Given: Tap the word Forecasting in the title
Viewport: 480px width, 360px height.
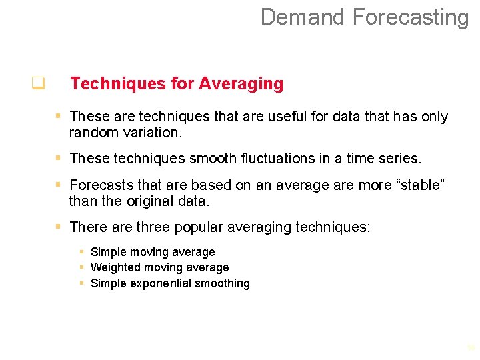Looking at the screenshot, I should (x=411, y=17).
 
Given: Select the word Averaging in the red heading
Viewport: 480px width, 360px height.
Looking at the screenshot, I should (x=241, y=84).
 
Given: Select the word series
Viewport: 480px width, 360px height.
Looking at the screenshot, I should (x=399, y=159).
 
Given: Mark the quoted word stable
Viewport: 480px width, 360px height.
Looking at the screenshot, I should (x=419, y=185).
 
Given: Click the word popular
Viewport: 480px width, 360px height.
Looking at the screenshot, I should (x=198, y=227).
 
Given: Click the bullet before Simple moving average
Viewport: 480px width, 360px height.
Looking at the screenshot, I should (x=81, y=252).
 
